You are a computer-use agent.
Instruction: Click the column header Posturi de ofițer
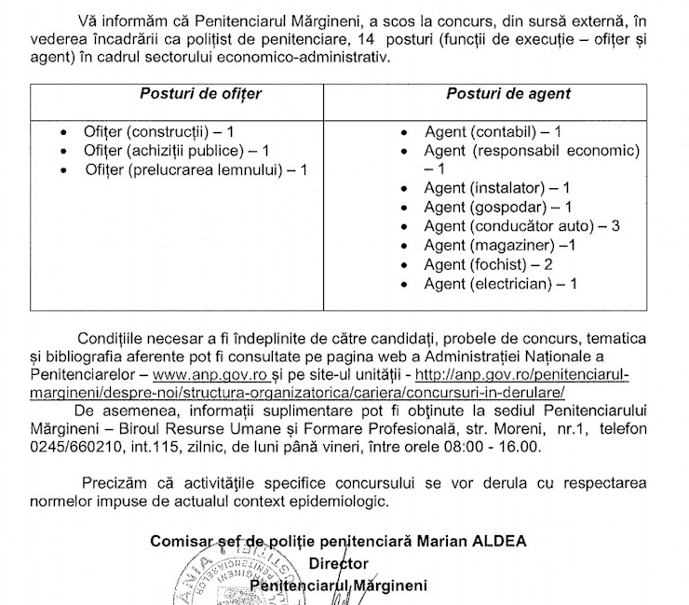pyautogui.click(x=200, y=94)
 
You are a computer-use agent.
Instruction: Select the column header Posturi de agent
pyautogui.click(x=508, y=94)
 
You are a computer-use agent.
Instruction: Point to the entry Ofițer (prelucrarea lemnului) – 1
pyautogui.click(x=196, y=169)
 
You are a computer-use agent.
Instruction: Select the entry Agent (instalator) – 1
pyautogui.click(x=497, y=189)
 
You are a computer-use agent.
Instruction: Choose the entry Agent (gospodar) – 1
pyautogui.click(x=497, y=208)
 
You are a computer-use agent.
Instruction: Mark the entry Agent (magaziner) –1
pyautogui.click(x=499, y=246)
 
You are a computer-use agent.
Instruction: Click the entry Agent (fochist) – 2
pyautogui.click(x=488, y=264)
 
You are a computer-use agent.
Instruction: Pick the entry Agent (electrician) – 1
pyautogui.click(x=500, y=283)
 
